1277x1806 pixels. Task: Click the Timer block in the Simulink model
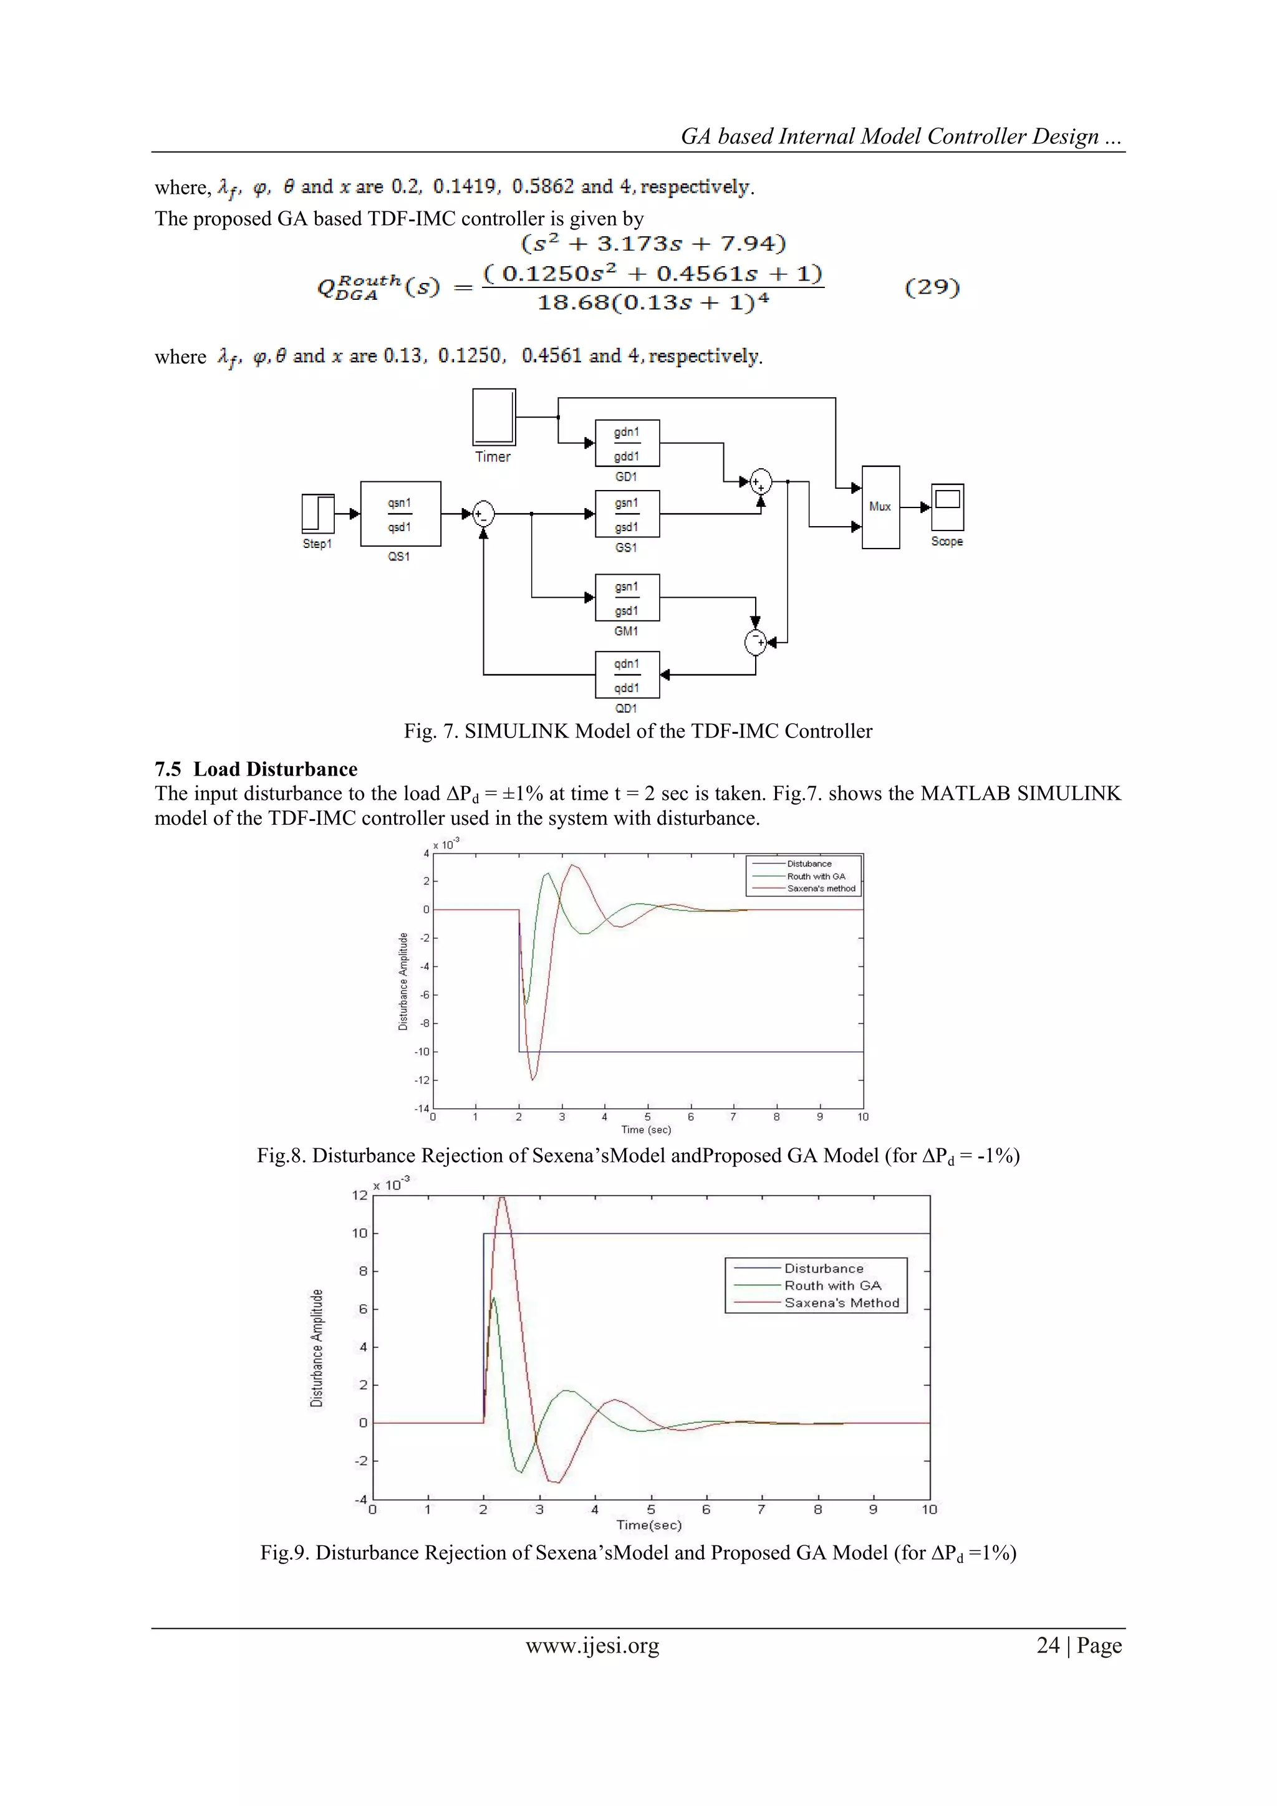[494, 418]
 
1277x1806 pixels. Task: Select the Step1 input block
[318, 514]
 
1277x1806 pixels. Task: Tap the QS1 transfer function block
[400, 514]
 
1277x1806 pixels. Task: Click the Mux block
[880, 507]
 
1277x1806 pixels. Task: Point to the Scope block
[947, 507]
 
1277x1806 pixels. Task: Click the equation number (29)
[932, 287]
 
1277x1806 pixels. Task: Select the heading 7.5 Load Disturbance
[256, 769]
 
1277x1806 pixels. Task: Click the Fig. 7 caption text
[638, 731]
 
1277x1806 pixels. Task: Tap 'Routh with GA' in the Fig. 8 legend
[816, 877]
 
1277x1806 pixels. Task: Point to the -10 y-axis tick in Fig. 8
[422, 1052]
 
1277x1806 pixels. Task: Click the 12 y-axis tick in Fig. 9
[360, 1196]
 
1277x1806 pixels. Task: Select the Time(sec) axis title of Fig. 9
[649, 1524]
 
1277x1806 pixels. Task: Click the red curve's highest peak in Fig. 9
[501, 1198]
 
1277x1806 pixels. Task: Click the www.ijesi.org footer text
[592, 1646]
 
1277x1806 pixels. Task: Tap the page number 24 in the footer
[1048, 1646]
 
